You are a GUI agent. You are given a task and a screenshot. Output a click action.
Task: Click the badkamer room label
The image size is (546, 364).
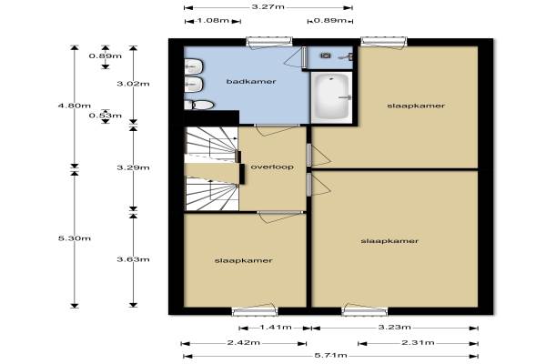(251, 82)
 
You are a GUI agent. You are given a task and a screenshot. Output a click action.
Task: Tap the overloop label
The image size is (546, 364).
(272, 167)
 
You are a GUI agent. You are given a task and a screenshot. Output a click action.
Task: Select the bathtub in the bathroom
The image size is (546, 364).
(331, 97)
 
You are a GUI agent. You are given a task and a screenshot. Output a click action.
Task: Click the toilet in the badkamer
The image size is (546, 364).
(198, 105)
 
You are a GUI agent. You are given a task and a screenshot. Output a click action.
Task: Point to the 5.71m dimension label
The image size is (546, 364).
(331, 355)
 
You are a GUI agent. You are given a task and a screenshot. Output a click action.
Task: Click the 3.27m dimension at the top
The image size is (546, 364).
(268, 6)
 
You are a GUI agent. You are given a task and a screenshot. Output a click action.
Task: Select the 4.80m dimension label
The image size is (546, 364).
(75, 106)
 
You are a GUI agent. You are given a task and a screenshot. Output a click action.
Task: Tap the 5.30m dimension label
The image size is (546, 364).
(75, 238)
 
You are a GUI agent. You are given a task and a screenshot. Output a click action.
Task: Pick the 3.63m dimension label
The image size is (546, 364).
(133, 259)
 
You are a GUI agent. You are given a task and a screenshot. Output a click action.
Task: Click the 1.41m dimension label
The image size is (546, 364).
(276, 327)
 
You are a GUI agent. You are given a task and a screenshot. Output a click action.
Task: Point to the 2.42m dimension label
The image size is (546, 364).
(243, 342)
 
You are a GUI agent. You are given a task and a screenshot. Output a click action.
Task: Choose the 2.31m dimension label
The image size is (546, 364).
(418, 342)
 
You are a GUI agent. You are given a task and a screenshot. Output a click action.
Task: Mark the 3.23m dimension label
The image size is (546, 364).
(395, 327)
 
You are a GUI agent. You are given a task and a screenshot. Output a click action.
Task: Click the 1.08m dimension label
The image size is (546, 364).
(213, 20)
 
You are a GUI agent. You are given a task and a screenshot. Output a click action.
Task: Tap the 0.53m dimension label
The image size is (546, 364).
(106, 116)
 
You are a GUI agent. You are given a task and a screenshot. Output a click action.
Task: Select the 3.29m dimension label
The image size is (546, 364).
(133, 167)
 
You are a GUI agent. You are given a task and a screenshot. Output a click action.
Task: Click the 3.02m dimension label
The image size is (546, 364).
(133, 84)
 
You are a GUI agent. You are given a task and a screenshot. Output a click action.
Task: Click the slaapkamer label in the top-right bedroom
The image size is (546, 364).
(416, 106)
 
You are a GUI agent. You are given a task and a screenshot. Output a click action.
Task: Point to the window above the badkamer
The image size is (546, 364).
(269, 42)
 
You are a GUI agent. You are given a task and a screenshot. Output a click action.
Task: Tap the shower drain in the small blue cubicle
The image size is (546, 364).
(326, 56)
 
